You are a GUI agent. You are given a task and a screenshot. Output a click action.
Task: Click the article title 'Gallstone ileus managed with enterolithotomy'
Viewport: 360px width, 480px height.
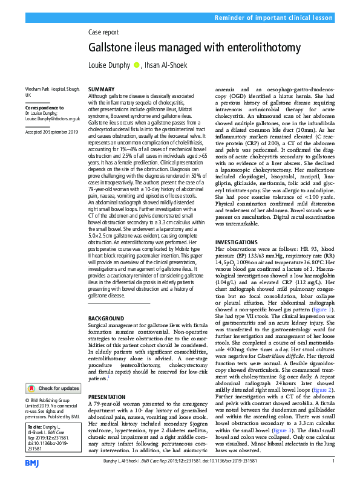(x=194, y=47)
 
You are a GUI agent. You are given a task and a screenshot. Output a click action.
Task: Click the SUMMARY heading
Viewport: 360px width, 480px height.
(x=101, y=89)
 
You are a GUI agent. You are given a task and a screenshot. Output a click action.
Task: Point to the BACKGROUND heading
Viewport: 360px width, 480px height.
(x=106, y=317)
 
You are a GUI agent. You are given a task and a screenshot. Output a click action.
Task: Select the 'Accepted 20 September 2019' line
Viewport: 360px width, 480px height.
(x=53, y=132)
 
